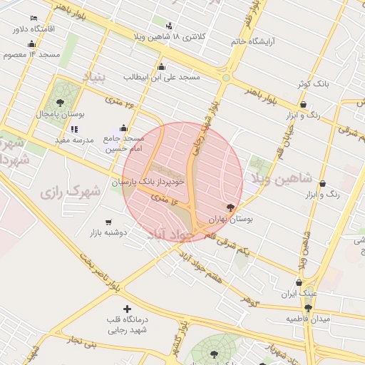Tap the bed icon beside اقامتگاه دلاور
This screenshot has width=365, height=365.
34,18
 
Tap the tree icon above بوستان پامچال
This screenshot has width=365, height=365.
60,103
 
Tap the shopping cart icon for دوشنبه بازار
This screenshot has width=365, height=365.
108,222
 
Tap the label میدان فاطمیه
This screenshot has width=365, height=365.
307,319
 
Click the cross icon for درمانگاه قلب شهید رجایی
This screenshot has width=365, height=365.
127,309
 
